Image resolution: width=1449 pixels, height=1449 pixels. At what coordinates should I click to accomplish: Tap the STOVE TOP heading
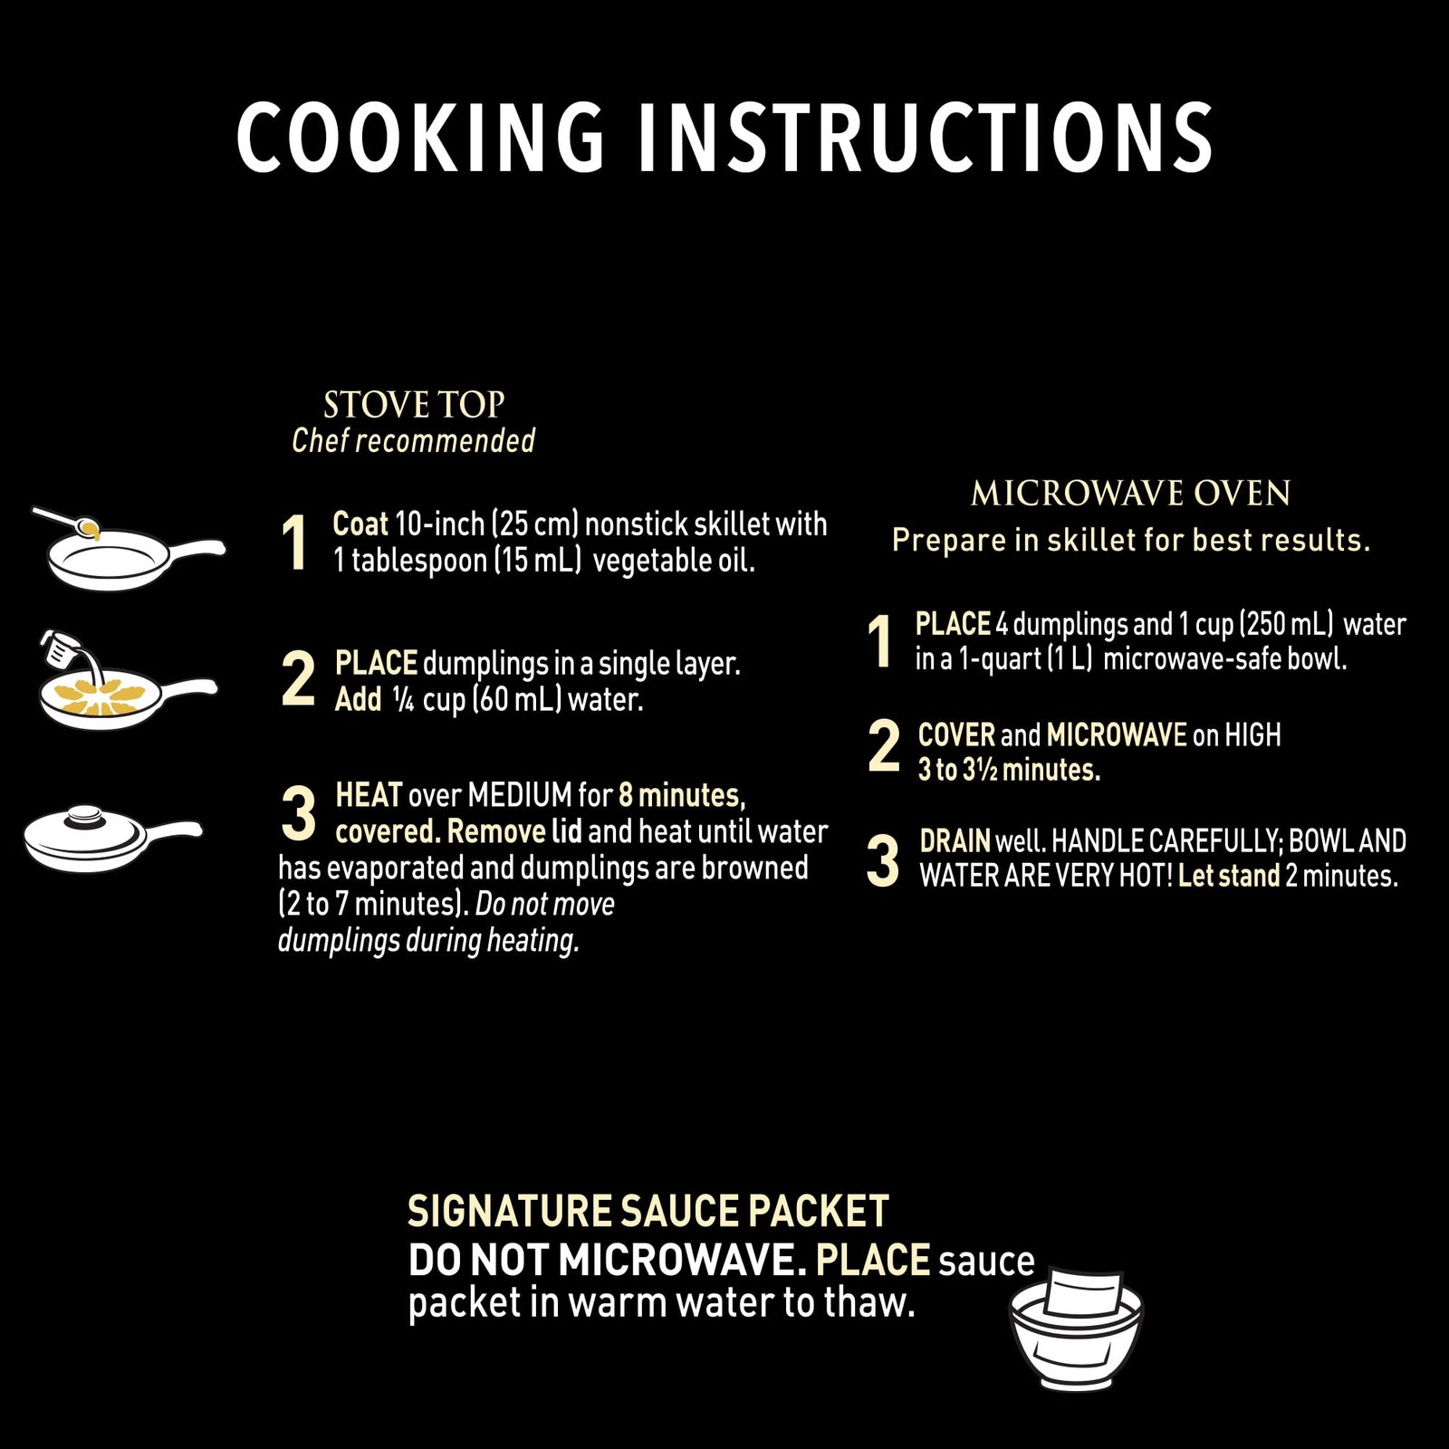point(414,405)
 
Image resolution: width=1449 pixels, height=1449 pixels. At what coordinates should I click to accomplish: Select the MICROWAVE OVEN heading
point(1131,494)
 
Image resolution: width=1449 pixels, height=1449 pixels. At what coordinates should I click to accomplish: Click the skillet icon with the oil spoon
point(128,547)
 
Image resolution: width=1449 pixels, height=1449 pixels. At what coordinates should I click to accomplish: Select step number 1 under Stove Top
point(295,543)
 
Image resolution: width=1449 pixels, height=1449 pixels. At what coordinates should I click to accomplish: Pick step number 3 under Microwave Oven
point(883,860)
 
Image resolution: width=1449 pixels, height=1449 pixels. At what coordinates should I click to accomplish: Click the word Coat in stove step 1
point(360,523)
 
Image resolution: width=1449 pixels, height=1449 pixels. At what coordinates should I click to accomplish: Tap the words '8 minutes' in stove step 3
point(679,795)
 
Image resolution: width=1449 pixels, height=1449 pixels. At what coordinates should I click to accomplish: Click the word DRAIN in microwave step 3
point(955,841)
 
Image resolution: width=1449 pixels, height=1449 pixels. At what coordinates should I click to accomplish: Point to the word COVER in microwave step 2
point(956,734)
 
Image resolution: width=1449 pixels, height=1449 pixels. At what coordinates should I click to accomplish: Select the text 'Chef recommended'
point(414,441)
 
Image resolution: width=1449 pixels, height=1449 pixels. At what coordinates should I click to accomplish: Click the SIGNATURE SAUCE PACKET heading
point(648,1211)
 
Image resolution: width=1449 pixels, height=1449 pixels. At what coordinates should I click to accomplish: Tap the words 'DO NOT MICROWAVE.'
point(607,1260)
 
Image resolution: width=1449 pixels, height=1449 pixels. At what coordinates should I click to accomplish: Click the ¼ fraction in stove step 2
point(403,700)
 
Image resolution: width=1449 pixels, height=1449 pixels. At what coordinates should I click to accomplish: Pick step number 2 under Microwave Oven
point(884,747)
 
